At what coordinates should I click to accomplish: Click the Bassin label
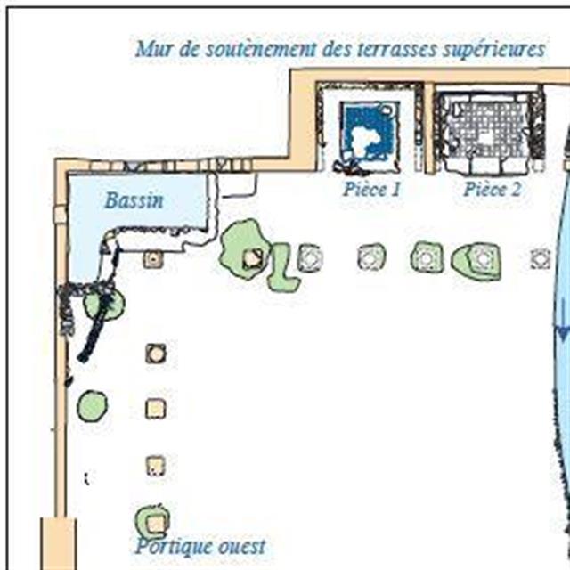(134, 200)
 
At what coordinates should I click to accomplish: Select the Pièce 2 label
(492, 190)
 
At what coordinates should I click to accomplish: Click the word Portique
(174, 546)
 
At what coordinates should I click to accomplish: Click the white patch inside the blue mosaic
(365, 139)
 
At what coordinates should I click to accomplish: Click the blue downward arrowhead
(563, 334)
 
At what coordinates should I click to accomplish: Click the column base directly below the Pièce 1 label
(371, 257)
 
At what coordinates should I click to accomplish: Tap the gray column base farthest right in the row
(540, 258)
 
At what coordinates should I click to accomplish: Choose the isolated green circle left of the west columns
(92, 406)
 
